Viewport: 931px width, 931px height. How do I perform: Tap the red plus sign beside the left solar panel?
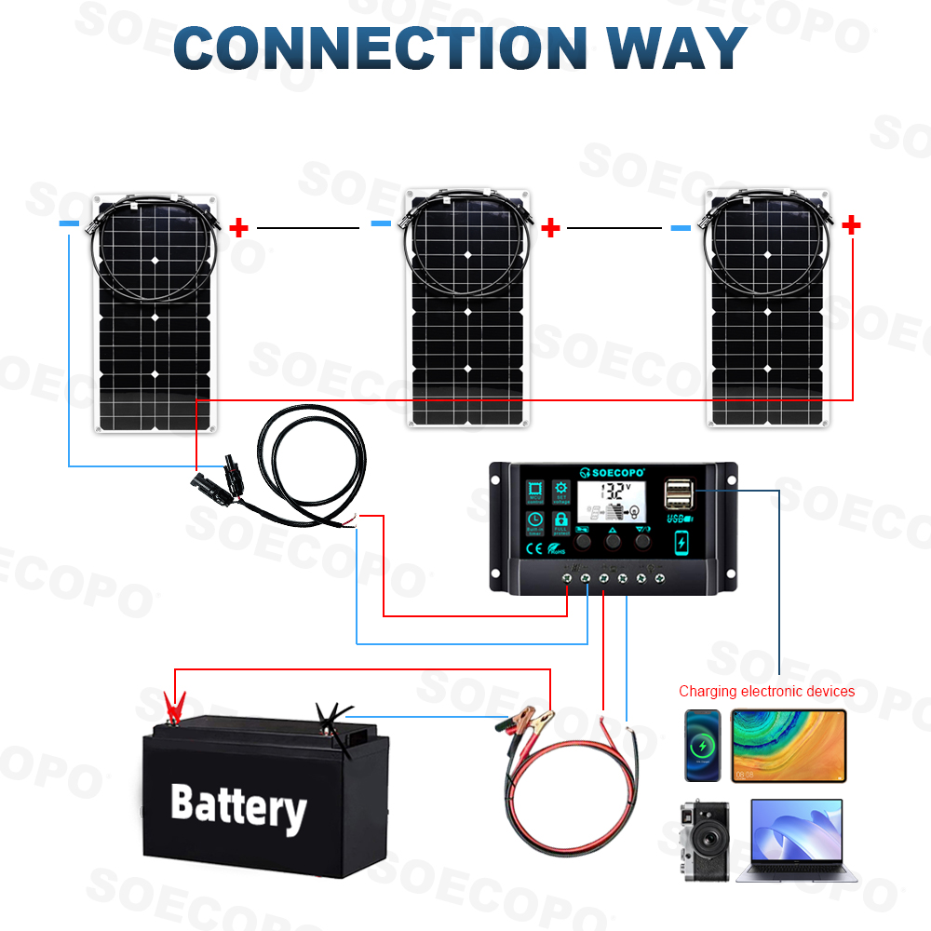coord(239,227)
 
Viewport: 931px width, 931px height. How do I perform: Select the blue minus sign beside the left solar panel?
coord(69,224)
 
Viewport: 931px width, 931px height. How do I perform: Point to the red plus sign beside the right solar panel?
coord(851,224)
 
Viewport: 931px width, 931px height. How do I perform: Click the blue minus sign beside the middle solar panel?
coord(381,223)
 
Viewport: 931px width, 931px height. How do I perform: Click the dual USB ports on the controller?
coord(679,493)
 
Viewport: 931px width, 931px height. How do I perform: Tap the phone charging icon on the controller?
coord(681,542)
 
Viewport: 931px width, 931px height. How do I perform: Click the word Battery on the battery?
coord(238,806)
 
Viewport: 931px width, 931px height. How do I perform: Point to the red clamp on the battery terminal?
coord(172,708)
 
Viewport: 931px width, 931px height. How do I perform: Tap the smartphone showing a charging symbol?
coord(703,745)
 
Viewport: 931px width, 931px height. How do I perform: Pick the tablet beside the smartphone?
coord(789,745)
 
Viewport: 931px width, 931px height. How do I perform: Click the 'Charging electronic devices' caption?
coord(766,692)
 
